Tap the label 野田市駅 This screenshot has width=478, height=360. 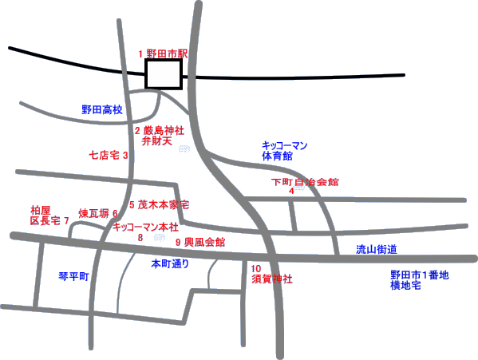(167, 54)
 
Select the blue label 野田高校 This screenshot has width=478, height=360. (102, 109)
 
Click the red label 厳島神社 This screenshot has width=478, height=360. (164, 131)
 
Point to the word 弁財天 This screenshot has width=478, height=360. (157, 141)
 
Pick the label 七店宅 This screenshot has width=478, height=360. (105, 155)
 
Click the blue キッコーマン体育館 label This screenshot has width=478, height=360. (284, 151)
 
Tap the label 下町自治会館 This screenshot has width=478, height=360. (305, 182)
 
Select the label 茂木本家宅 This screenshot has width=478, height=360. (164, 204)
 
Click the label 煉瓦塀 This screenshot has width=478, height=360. (94, 213)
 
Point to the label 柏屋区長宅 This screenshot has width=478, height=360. (45, 216)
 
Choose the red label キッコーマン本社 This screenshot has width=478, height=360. (145, 227)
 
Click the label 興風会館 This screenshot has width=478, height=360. (204, 243)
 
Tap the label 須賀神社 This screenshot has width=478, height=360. (272, 279)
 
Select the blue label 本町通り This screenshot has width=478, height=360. (170, 263)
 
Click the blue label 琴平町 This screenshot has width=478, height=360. (73, 276)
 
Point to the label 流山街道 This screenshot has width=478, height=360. (377, 250)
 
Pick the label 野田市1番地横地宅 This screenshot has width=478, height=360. (420, 280)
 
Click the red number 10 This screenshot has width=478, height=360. (256, 269)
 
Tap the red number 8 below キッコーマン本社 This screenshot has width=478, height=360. (140, 237)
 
